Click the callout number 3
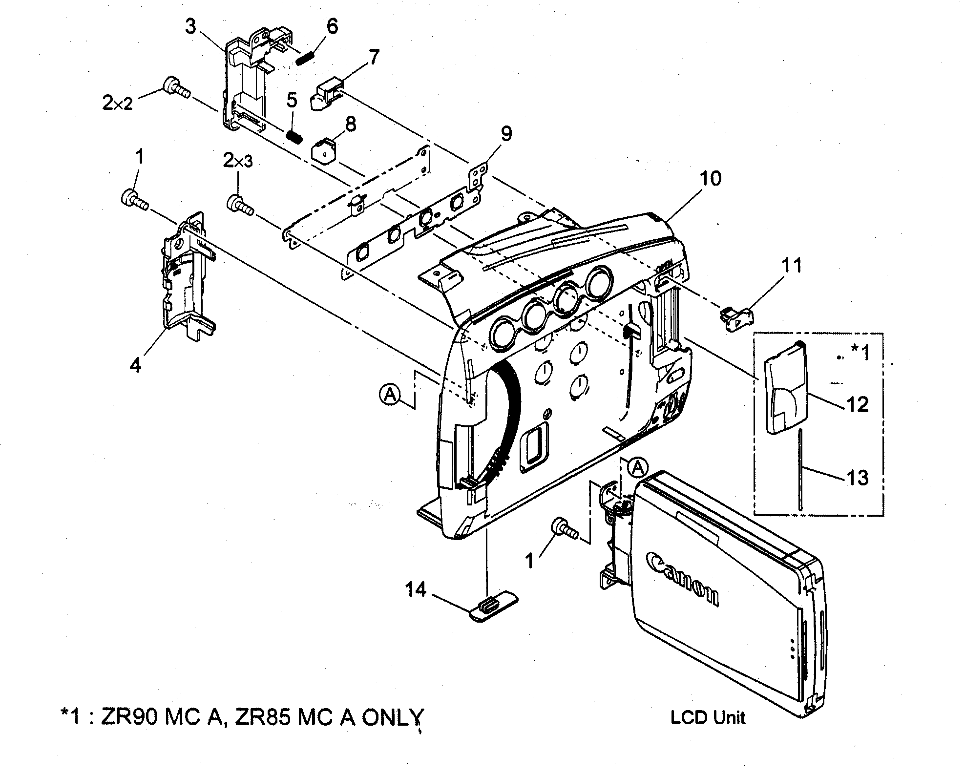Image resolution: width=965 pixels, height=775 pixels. click(190, 26)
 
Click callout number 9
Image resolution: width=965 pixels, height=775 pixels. click(506, 133)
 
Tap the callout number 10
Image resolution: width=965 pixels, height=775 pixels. click(711, 179)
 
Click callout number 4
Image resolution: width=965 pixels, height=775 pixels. click(136, 364)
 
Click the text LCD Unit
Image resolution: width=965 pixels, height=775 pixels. click(708, 717)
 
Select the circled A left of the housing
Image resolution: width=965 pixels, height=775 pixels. click(390, 394)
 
